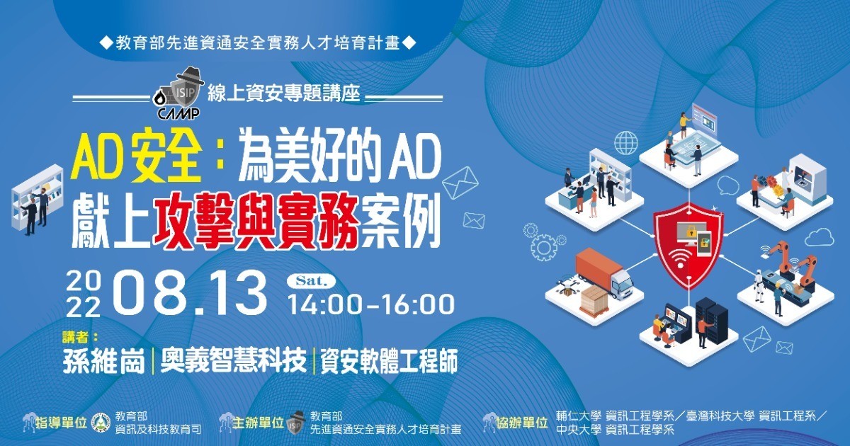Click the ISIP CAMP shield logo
pos(178,93)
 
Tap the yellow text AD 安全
pos(136,159)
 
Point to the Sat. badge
pos(311,281)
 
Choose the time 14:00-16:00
pos(372,304)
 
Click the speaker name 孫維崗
pos(104,361)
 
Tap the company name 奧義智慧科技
pos(233,361)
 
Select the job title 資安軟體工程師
pos(389,361)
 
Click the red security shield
pos(688,245)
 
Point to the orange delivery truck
pos(603,274)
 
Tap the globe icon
pos(626,142)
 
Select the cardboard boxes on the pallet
pos(594,300)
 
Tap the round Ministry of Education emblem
pos(102,423)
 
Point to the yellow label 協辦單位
pos(522,423)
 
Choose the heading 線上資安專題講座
pos(284,92)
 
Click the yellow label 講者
pos(80,336)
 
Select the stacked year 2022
pos(84,295)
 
